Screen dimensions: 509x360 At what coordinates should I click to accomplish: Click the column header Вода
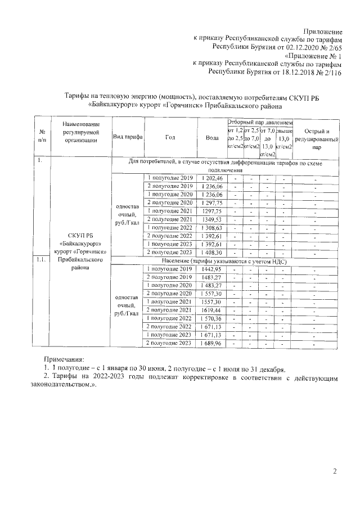pos(212,137)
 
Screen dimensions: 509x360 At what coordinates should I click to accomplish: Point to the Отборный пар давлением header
pos(260,122)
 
